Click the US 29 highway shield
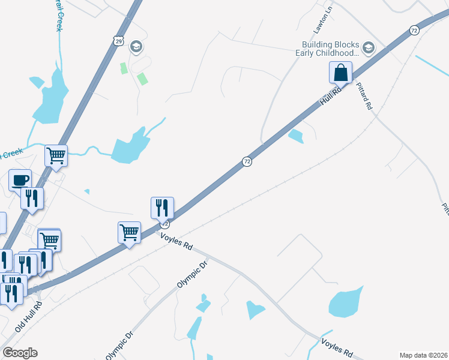(119, 40)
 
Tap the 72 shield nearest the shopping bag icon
(414, 30)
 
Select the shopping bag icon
(340, 73)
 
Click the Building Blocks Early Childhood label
(330, 49)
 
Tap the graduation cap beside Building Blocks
(369, 48)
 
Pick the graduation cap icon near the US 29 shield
(136, 47)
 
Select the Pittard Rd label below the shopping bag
(364, 95)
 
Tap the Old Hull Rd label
(29, 316)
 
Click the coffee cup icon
(20, 180)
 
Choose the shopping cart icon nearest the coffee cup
(56, 156)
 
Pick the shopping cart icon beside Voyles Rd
(130, 232)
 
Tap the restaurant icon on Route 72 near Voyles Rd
(162, 208)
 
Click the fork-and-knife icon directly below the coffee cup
(32, 198)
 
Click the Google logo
(20, 352)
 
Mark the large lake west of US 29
(51, 96)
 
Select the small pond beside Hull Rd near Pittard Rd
(295, 137)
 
